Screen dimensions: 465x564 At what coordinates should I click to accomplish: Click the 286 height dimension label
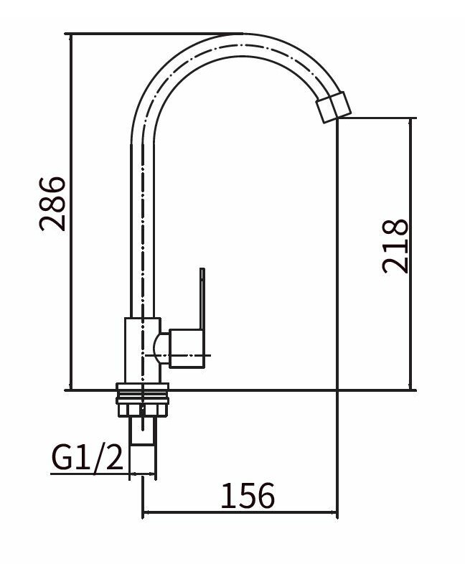pyautogui.click(x=52, y=204)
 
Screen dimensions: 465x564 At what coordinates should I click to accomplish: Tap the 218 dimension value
pyautogui.click(x=395, y=246)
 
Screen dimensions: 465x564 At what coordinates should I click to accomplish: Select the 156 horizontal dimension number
pyautogui.click(x=248, y=496)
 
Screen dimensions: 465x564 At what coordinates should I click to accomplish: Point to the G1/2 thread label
pyautogui.click(x=88, y=457)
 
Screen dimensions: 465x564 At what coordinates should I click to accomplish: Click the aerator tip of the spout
pyautogui.click(x=333, y=107)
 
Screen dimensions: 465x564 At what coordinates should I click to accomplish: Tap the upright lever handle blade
pyautogui.click(x=202, y=299)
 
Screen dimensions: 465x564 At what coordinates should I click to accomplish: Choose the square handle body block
pyautogui.click(x=187, y=348)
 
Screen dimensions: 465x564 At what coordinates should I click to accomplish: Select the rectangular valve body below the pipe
pyautogui.click(x=142, y=350)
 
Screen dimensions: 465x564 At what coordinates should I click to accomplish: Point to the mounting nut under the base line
pyautogui.click(x=142, y=409)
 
